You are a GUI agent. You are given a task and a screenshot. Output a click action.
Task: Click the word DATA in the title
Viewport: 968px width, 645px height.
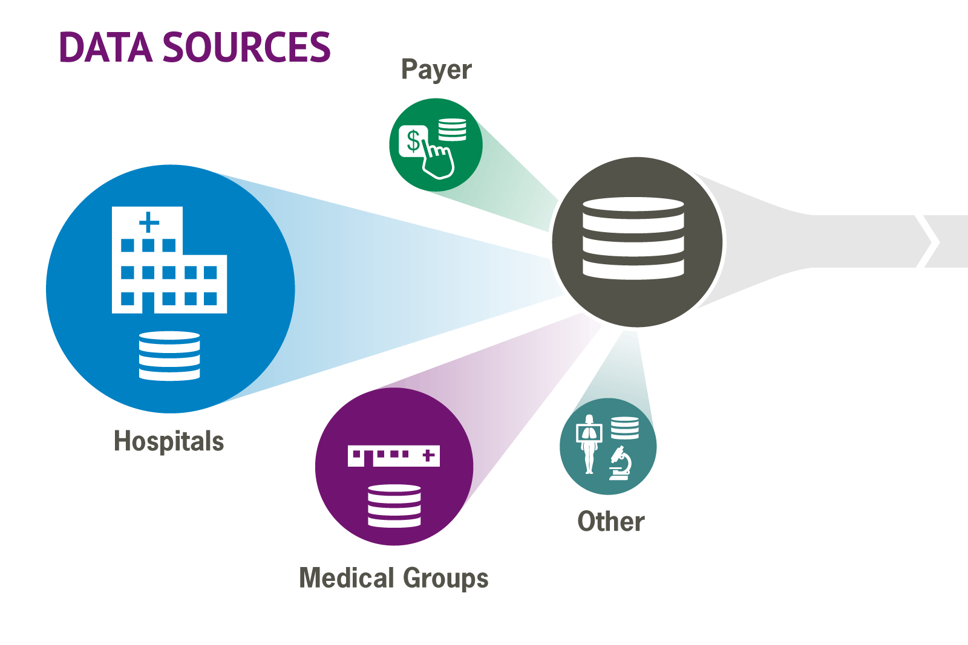tap(106, 48)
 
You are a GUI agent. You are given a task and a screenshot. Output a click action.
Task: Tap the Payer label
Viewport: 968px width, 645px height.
tap(436, 70)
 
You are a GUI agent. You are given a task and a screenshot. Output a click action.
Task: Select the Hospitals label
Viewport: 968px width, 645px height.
tap(169, 441)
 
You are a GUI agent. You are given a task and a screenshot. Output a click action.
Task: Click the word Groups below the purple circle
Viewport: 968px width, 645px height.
tap(445, 579)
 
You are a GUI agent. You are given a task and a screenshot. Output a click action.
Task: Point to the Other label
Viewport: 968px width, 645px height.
tap(611, 522)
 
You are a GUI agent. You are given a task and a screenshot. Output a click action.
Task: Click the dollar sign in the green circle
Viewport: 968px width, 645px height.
tap(413, 140)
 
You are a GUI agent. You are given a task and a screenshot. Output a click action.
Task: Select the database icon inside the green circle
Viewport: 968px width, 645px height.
tap(452, 129)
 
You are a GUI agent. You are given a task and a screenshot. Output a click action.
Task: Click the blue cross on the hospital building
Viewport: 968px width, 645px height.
tap(149, 222)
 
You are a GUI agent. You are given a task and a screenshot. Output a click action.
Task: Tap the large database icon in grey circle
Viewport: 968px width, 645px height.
tap(633, 238)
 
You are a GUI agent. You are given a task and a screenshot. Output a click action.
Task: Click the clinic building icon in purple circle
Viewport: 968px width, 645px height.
tap(393, 455)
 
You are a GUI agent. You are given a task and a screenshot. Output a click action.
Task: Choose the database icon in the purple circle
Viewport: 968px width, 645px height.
tap(394, 505)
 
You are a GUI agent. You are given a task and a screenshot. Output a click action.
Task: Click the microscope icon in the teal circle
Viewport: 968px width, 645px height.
tap(621, 464)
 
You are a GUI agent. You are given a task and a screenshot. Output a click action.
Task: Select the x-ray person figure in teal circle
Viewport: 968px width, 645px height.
tap(589, 443)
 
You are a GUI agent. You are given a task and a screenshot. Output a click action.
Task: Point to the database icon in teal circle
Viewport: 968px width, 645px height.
tap(625, 427)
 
